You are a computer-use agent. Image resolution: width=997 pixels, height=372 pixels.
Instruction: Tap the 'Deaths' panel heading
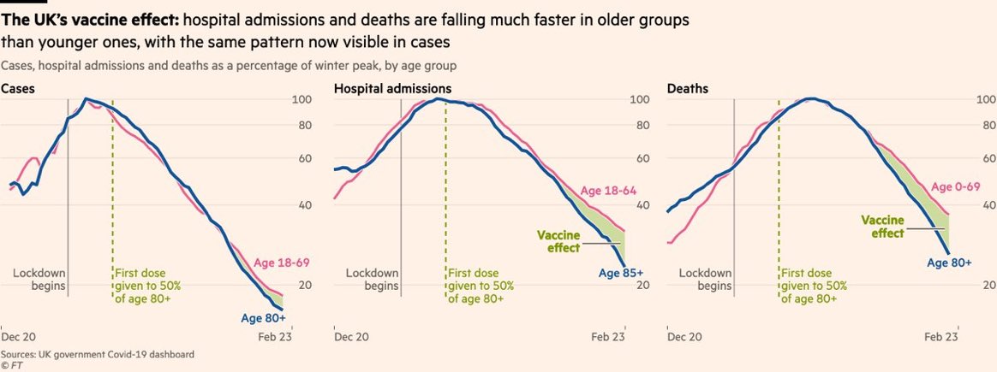(x=687, y=88)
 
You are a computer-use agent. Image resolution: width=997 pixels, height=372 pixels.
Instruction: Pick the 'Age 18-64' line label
(x=608, y=191)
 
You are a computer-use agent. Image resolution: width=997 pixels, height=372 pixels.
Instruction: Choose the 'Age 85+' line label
(x=618, y=274)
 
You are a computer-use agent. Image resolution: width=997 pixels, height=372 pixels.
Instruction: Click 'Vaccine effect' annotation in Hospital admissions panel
(x=558, y=242)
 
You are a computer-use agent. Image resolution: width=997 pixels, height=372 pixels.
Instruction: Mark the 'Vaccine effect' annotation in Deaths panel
(x=881, y=226)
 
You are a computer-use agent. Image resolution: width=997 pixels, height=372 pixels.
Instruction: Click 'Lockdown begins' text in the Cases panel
(x=39, y=280)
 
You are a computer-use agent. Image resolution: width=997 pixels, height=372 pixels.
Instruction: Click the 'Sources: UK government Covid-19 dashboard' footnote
(x=98, y=353)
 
